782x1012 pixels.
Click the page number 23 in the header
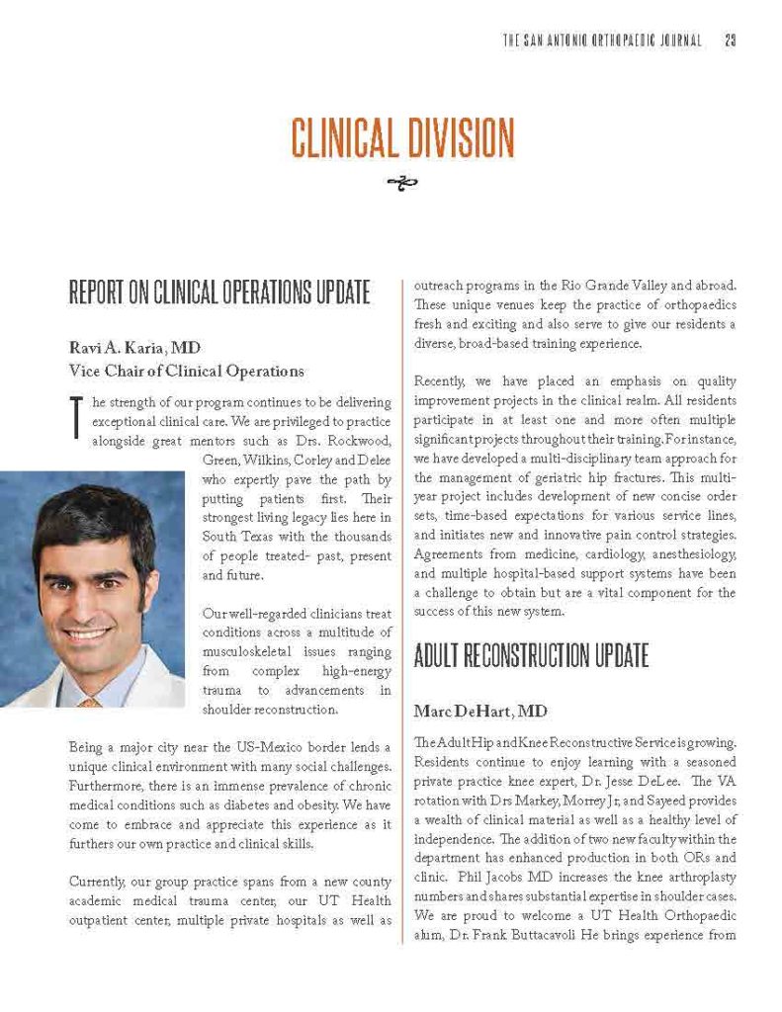click(731, 41)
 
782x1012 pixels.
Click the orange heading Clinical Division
click(402, 136)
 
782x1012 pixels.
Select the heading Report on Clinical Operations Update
click(219, 293)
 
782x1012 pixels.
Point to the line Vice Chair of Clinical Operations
click(186, 371)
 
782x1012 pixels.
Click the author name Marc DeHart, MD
click(472, 711)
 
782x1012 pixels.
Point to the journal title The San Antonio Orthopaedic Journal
click(603, 41)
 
